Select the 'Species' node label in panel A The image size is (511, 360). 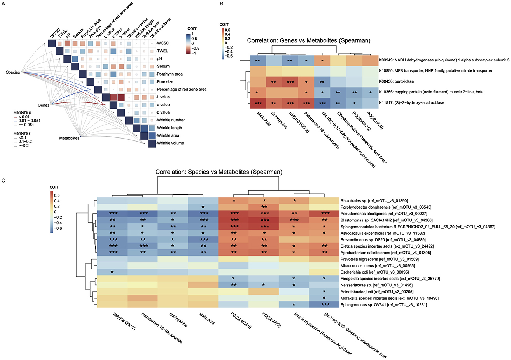point(12,72)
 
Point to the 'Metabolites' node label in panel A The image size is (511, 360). point(70,138)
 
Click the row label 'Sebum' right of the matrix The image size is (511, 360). point(163,66)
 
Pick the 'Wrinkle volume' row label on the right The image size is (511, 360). point(171,143)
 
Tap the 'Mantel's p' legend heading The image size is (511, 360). point(23,112)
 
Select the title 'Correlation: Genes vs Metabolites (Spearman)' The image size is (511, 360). point(309,40)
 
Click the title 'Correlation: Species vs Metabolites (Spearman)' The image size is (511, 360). point(219,172)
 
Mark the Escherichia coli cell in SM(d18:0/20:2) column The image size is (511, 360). point(112,272)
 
